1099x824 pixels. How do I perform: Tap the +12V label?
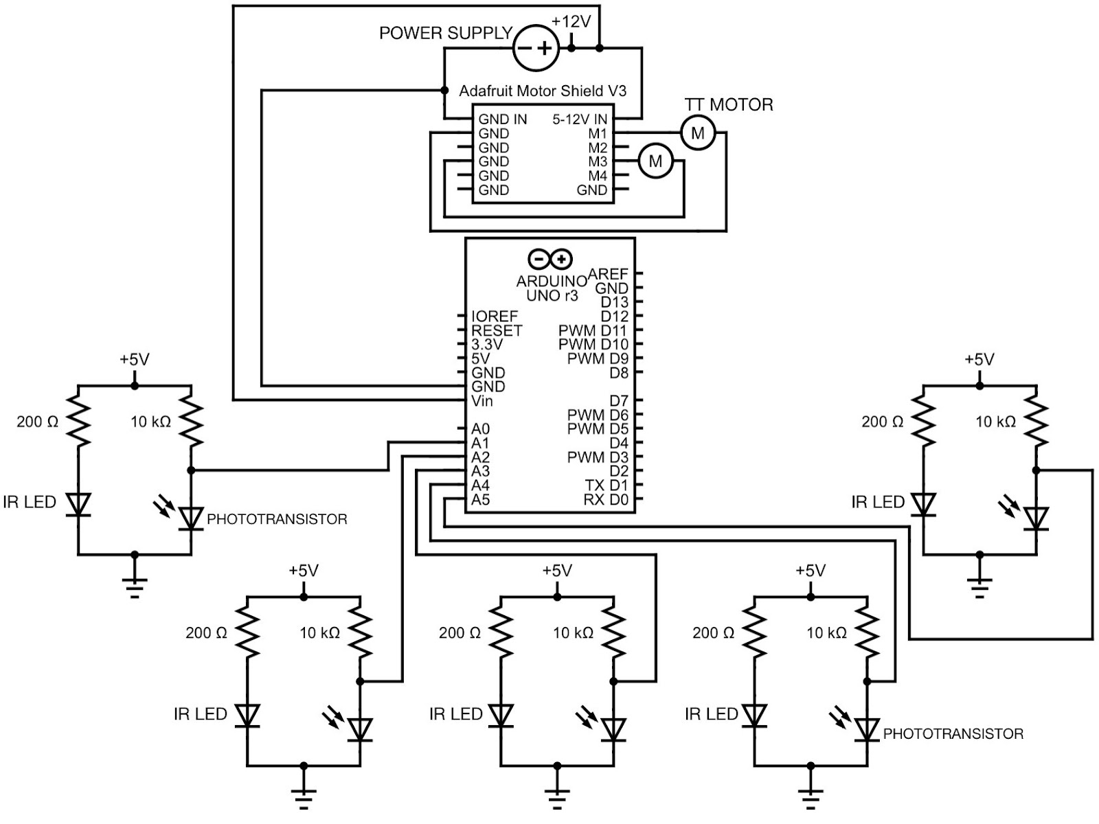571,21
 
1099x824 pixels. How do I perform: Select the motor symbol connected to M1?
697,133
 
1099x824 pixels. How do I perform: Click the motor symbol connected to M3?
655,161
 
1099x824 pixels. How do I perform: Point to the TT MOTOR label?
729,104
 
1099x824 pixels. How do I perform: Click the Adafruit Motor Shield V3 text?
543,91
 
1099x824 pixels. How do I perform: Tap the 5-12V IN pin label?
580,119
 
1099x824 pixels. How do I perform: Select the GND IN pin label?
503,119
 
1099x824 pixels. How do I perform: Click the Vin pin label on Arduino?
482,401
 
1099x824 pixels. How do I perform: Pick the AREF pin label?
608,274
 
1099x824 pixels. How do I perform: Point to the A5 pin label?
481,500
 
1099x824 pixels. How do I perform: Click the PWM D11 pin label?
593,330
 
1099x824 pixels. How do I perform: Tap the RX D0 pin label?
606,500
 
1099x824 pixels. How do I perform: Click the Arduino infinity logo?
550,259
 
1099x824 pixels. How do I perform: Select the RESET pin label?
497,330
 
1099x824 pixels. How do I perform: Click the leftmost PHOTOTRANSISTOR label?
277,519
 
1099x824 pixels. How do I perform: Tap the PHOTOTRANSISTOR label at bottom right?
953,734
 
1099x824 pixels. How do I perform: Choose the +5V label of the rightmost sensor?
979,359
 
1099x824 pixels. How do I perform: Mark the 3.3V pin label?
487,345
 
